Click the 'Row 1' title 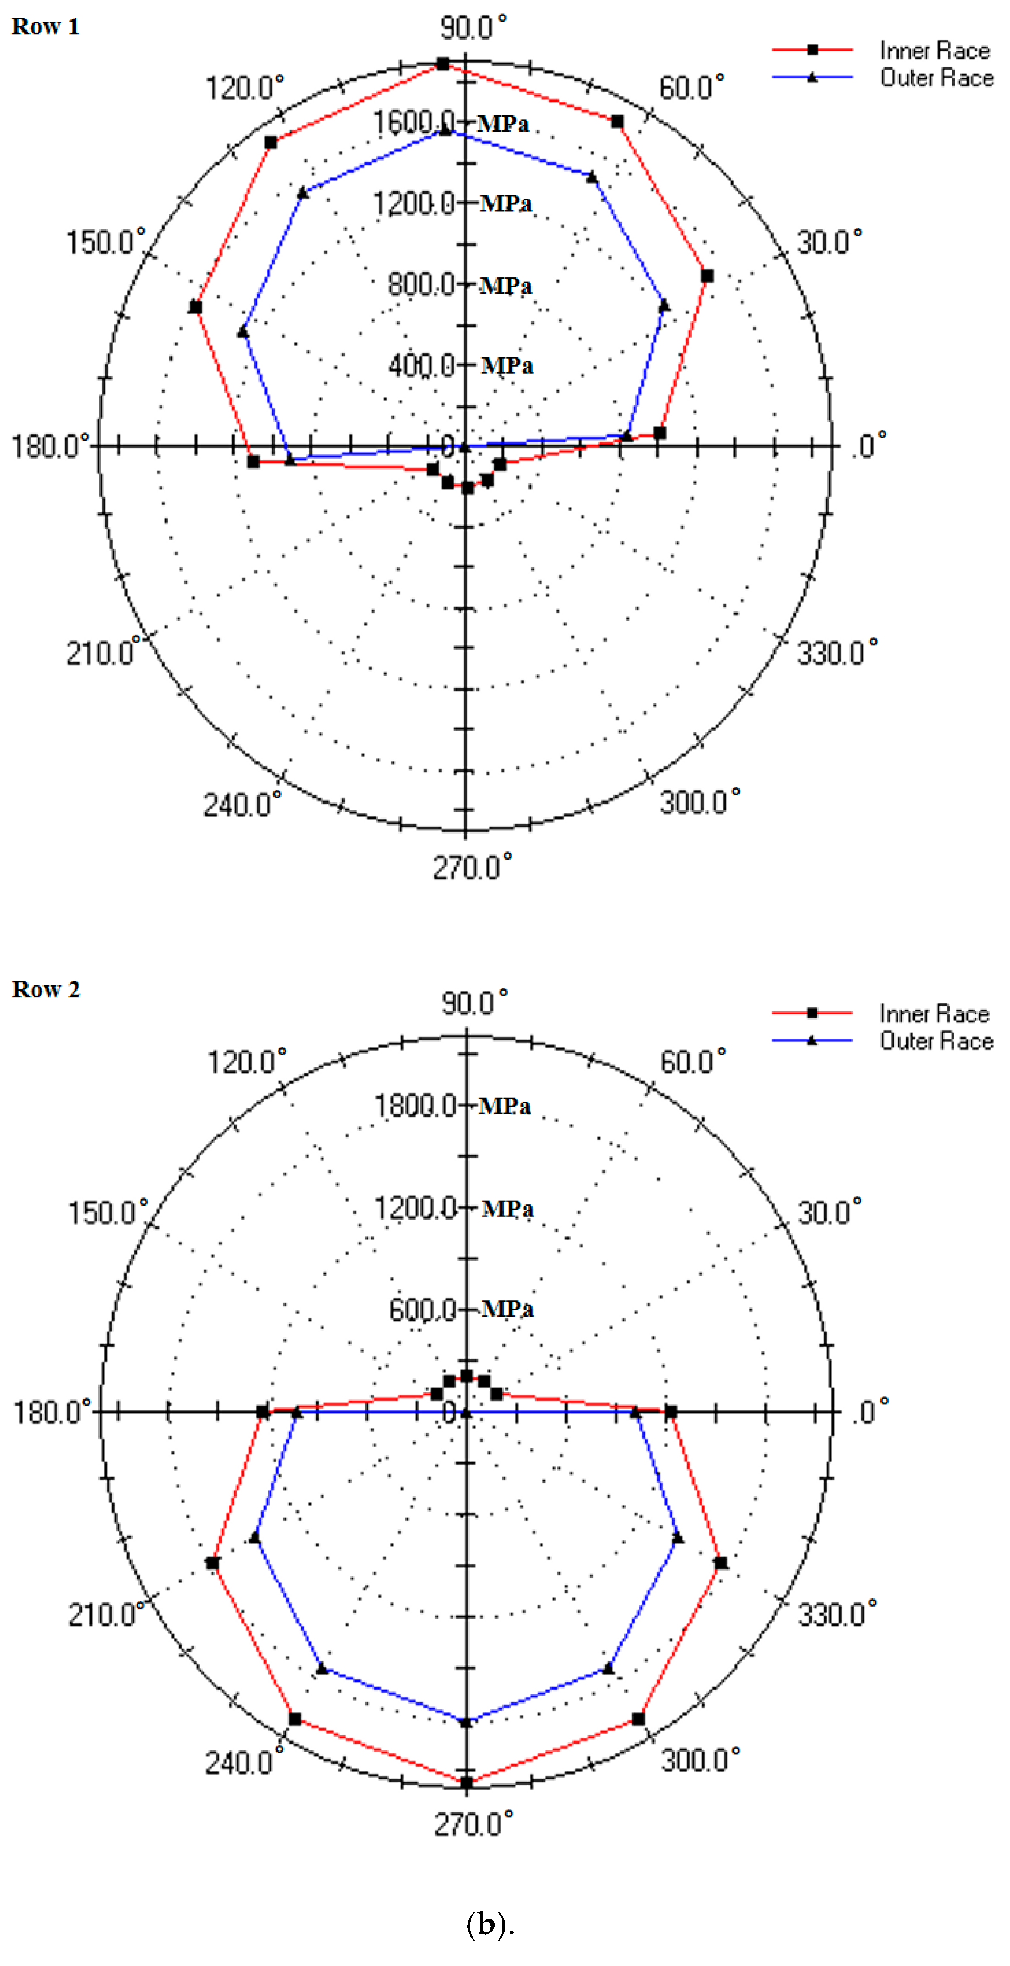(x=45, y=27)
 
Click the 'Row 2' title (x=46, y=990)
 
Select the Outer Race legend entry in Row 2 (x=936, y=1041)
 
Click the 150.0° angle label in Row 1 (x=105, y=243)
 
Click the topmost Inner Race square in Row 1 (x=443, y=64)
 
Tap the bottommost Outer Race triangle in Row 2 (x=466, y=1722)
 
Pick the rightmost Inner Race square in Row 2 (x=721, y=1563)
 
